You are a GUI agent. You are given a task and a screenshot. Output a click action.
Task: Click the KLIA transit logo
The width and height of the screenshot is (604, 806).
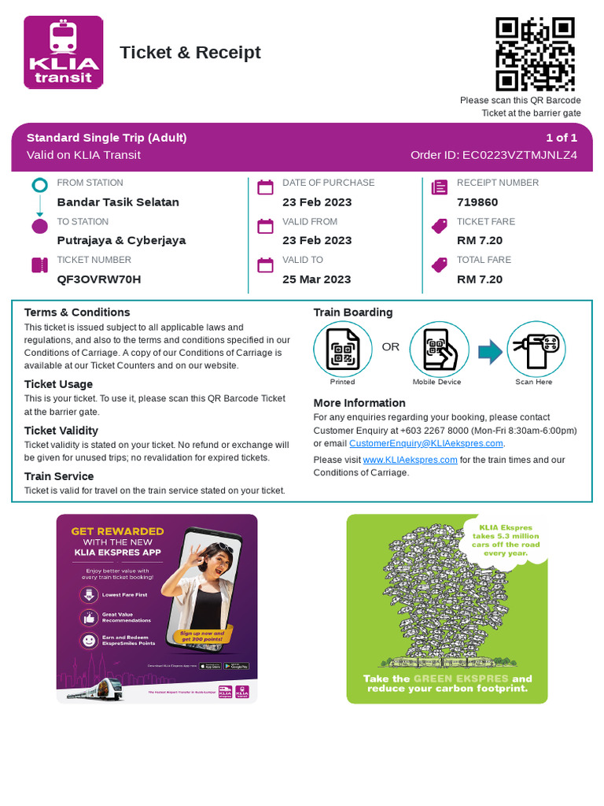tap(64, 52)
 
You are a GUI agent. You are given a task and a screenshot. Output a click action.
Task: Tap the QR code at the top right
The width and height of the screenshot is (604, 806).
tap(534, 54)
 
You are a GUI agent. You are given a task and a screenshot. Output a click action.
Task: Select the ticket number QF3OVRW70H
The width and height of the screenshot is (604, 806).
tap(99, 279)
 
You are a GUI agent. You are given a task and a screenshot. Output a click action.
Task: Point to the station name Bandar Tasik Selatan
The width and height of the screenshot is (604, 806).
tap(118, 202)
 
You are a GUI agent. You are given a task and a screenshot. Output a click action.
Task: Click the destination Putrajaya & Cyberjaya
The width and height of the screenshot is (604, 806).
tap(121, 241)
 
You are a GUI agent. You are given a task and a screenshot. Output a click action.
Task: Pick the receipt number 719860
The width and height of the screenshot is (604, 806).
tap(477, 202)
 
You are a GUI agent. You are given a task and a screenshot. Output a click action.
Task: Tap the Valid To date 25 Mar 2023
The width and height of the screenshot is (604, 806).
tap(317, 279)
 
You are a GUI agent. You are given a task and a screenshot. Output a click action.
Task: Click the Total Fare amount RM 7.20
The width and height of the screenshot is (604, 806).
tap(480, 279)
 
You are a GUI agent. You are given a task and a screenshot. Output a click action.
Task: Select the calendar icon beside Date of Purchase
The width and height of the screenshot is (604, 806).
tap(265, 187)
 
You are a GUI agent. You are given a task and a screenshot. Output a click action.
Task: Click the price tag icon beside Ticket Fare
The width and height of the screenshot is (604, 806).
tap(439, 227)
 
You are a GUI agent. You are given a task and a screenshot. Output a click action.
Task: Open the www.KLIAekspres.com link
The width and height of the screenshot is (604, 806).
tap(410, 460)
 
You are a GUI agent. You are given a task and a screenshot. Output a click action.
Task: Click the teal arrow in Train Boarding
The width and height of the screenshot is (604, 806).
tap(489, 351)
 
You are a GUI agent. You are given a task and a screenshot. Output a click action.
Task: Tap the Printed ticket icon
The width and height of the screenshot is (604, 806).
tap(342, 349)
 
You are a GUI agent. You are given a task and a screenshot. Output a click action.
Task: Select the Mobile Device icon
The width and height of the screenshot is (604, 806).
tap(439, 349)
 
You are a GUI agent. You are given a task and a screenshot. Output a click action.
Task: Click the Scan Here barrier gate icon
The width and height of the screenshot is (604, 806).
tap(536, 349)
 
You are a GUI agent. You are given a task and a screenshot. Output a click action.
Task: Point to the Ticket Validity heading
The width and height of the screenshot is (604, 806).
tap(61, 431)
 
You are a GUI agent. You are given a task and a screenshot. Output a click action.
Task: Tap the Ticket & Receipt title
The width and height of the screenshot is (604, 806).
tap(190, 53)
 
